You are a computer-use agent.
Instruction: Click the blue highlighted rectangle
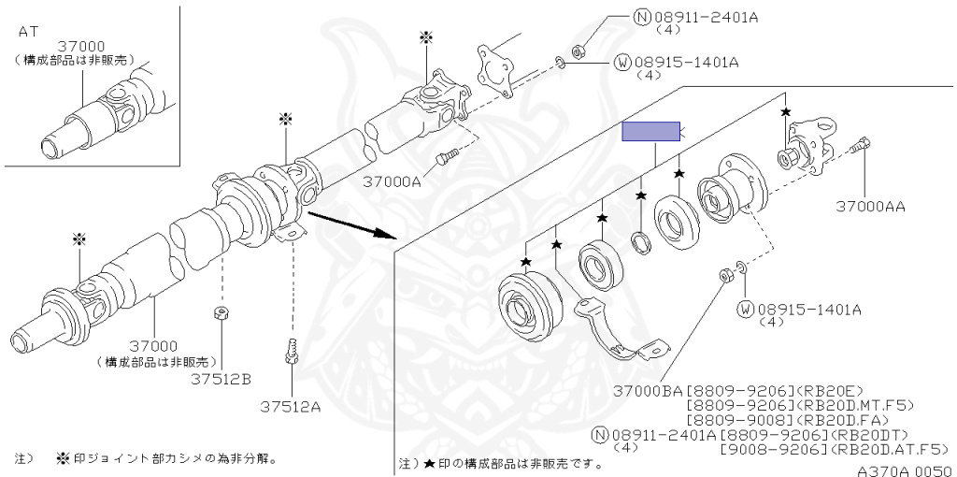click(652, 132)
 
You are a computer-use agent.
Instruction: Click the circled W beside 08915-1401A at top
click(622, 63)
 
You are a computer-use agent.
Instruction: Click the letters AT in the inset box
click(29, 31)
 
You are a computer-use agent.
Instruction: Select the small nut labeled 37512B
click(222, 314)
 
